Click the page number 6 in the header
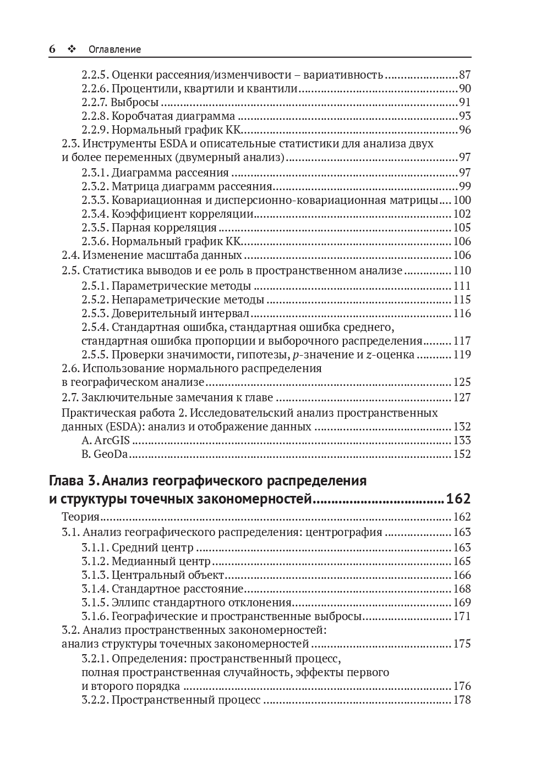point(52,49)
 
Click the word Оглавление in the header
point(114,49)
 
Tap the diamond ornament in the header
point(71,49)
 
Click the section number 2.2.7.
point(95,102)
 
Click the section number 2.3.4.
point(95,214)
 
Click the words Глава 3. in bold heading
point(74,481)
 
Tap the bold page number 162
point(458,499)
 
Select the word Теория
point(80,517)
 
